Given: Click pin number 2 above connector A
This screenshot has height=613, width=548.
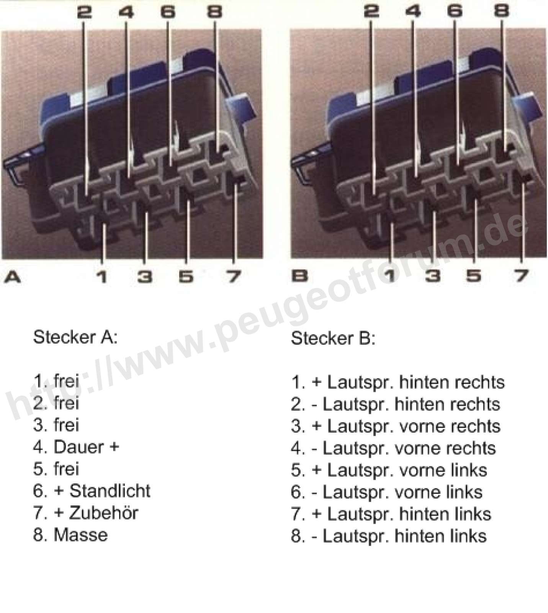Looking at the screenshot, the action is coord(84,12).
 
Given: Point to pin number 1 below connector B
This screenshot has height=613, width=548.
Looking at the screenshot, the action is coord(391,276).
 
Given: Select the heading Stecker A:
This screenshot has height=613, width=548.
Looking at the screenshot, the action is coord(75,337).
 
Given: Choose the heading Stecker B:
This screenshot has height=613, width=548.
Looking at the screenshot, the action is coord(333,338).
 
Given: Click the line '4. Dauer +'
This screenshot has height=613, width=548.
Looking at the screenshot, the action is coord(76,447).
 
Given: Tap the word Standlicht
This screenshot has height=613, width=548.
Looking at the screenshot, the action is coord(110,491).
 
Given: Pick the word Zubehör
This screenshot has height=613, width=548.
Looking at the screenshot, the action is coord(104,513).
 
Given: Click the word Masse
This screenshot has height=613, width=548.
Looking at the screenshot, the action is coord(81,535).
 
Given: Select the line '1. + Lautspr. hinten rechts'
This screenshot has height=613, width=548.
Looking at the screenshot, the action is coord(398,382).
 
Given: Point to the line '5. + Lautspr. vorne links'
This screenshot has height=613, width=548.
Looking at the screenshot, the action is coord(389,470).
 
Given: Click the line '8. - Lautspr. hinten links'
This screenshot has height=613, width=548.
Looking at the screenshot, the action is coord(389,536).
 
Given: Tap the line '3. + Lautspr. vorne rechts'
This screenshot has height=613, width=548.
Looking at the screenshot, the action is coord(396,426).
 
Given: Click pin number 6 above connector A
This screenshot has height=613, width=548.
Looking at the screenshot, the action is coord(168,12).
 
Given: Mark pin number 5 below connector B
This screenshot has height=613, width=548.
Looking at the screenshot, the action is coord(474,276).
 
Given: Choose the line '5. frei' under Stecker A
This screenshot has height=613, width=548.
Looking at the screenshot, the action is coord(56,469).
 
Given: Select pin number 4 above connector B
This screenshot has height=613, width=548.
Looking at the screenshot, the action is coord(413,11).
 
